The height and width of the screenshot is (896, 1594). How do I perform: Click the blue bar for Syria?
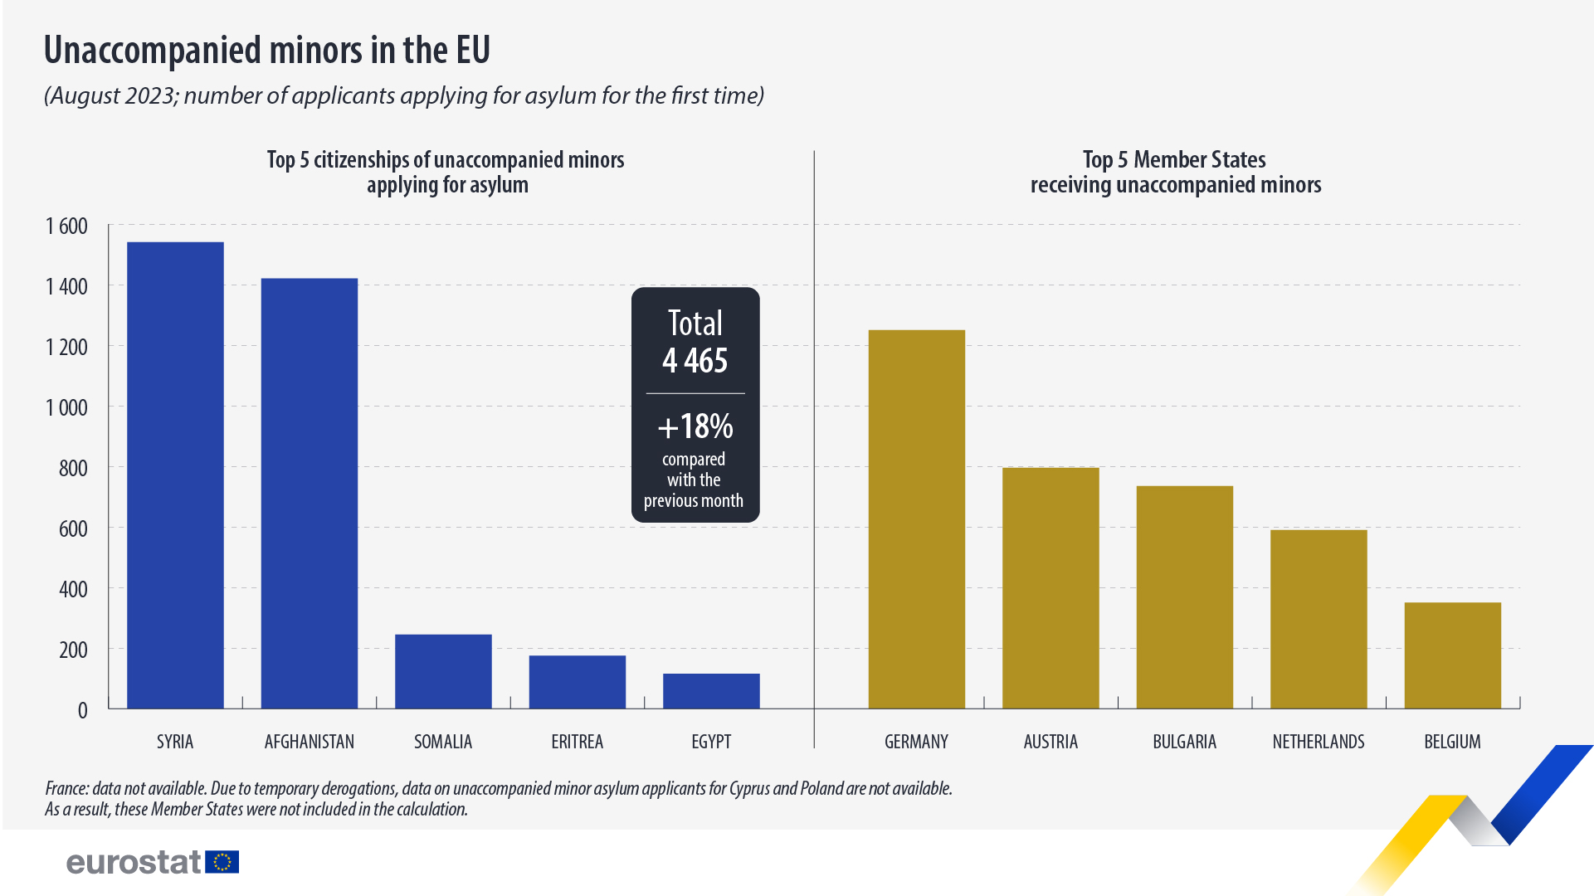tap(175, 475)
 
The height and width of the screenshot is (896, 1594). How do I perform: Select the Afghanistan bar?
tap(310, 493)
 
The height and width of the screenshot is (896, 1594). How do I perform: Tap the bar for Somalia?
tap(443, 671)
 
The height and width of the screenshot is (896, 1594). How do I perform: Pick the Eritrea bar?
tap(578, 682)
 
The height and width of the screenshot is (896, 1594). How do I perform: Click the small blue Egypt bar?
tap(711, 691)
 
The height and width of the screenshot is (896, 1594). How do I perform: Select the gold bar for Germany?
tap(917, 519)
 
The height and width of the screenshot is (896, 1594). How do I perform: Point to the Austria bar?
tap(1050, 587)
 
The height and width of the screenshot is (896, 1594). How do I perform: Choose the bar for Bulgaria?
tap(1185, 597)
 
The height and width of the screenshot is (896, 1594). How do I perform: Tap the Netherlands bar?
tap(1319, 619)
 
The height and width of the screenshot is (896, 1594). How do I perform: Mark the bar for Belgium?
tap(1453, 655)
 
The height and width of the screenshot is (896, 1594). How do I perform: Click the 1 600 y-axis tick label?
tap(66, 226)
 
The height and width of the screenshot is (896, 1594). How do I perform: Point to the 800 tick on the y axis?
tap(73, 468)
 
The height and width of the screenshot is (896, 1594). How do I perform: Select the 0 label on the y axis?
tap(82, 710)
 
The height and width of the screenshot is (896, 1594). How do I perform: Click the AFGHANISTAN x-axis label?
tap(310, 742)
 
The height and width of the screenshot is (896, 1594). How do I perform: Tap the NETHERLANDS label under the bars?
tap(1319, 742)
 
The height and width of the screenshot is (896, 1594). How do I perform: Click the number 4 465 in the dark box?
tap(695, 361)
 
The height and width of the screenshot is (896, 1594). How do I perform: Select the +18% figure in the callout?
tap(695, 426)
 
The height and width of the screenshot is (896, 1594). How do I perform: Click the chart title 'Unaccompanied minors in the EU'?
tap(267, 51)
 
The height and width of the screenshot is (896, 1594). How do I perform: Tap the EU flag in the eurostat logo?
tap(222, 862)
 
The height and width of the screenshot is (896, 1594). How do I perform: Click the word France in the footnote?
tap(66, 788)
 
